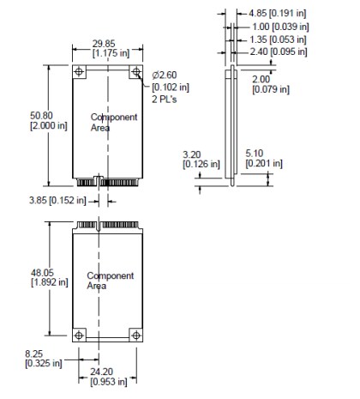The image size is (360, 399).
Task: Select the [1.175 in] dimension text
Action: [106, 53]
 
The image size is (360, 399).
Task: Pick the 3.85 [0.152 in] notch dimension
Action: [57, 201]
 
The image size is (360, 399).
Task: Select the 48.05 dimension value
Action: [44, 272]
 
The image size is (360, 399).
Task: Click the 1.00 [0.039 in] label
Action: [285, 27]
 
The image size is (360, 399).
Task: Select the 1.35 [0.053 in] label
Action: [285, 39]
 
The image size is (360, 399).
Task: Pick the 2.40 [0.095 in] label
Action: [285, 51]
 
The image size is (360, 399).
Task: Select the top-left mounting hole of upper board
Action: [79, 73]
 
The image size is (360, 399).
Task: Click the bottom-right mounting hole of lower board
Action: [135, 334]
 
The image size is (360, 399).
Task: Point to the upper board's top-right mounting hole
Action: [135, 73]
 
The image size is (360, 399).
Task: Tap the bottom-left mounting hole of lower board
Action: [79, 334]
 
